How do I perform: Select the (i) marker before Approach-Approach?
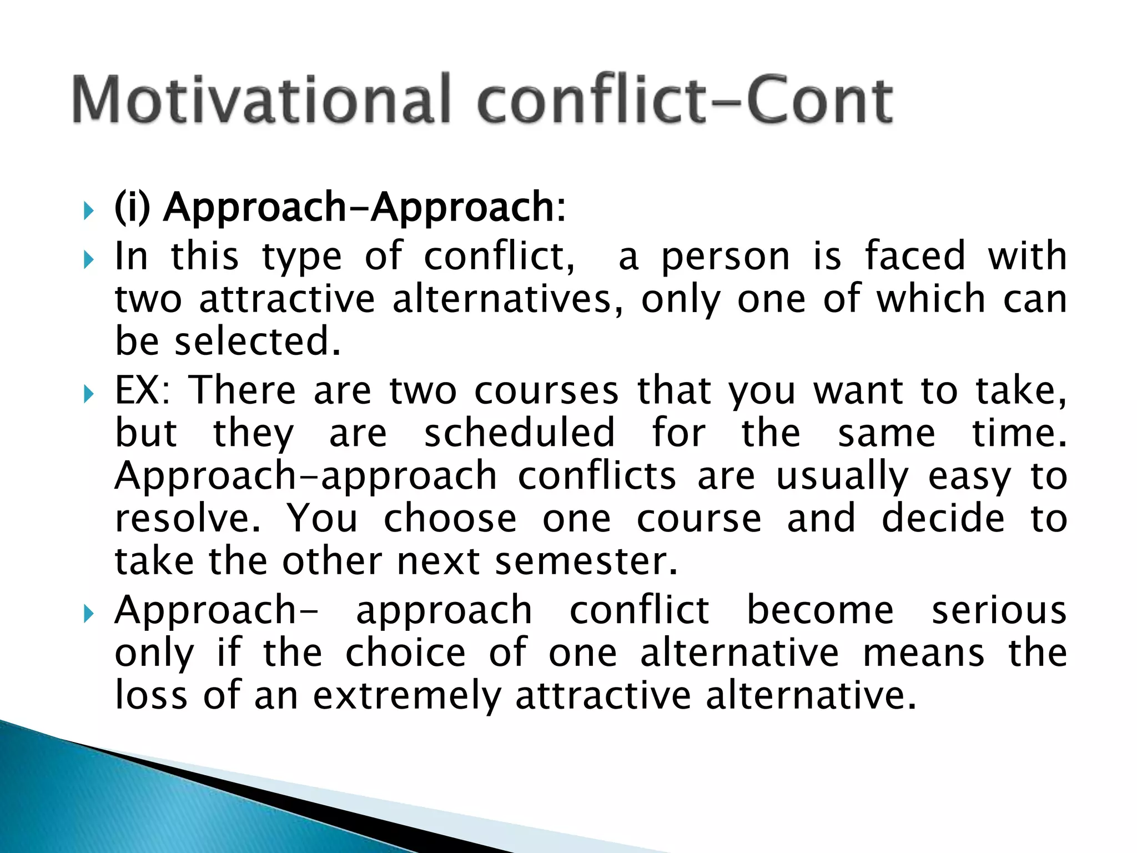coord(132,207)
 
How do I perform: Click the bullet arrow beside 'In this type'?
coord(88,259)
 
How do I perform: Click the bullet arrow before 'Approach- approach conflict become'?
coord(88,614)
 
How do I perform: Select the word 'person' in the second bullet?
coord(725,257)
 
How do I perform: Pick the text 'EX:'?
coord(143,390)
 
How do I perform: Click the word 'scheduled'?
coord(520,433)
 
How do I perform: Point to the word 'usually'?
coord(842,477)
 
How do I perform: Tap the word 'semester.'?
coord(586,561)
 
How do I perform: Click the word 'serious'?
coord(999,610)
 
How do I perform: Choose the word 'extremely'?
coord(407,696)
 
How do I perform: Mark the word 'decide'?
coord(943,519)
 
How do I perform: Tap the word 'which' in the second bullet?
coord(930,299)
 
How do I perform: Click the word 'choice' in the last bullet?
coord(405,653)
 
